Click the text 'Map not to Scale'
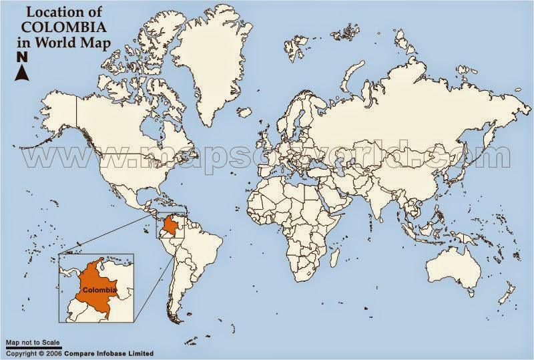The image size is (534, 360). point(33,343)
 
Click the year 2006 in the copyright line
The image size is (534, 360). point(53,353)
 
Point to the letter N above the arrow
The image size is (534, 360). point(21,56)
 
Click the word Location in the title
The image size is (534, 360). point(51,12)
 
